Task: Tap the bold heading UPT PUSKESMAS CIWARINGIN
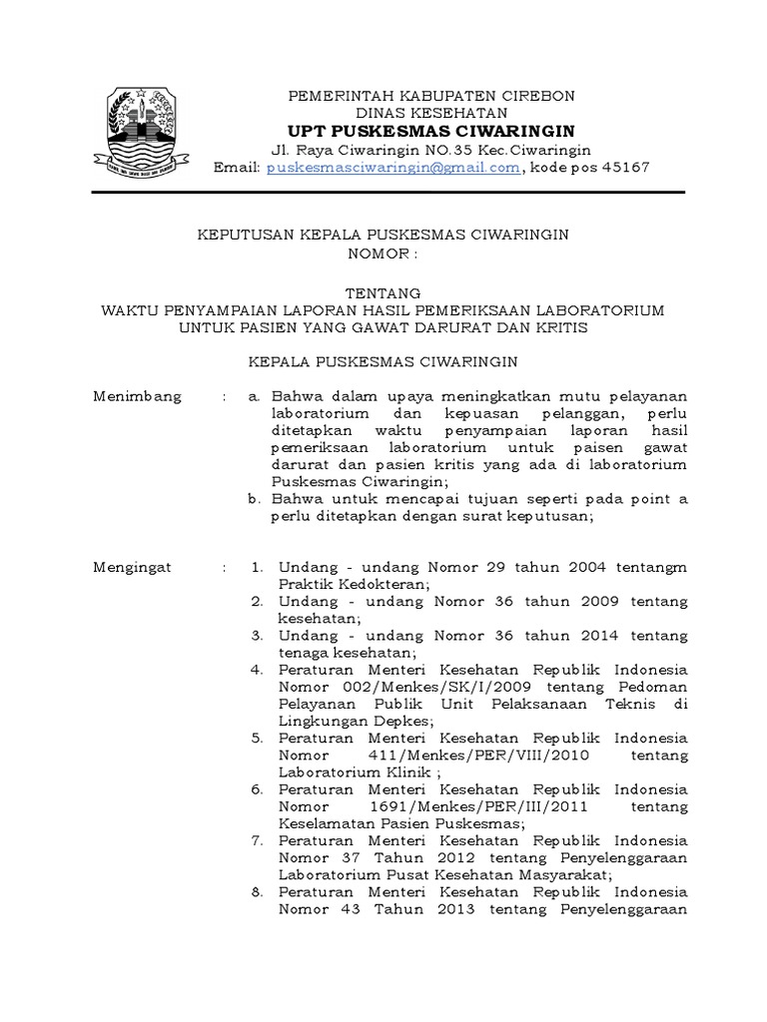point(431,132)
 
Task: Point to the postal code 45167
point(627,168)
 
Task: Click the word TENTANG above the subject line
point(383,292)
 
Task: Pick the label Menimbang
point(138,396)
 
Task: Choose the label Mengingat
point(133,567)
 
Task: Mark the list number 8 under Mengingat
point(257,892)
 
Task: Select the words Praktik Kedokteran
point(354,584)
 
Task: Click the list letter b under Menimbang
point(256,499)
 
